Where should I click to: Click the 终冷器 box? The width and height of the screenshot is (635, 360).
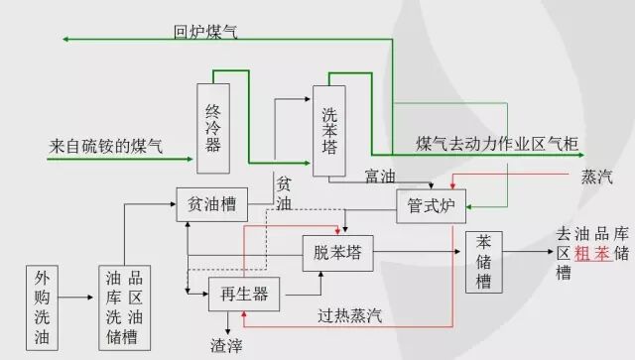213,129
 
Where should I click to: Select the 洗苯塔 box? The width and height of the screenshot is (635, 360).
330,130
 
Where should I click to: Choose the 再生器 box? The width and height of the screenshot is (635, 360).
243,293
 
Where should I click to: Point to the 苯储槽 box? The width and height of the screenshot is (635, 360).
485,262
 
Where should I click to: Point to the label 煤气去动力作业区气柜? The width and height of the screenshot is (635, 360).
497,145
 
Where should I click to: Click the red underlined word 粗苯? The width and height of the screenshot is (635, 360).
590,254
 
